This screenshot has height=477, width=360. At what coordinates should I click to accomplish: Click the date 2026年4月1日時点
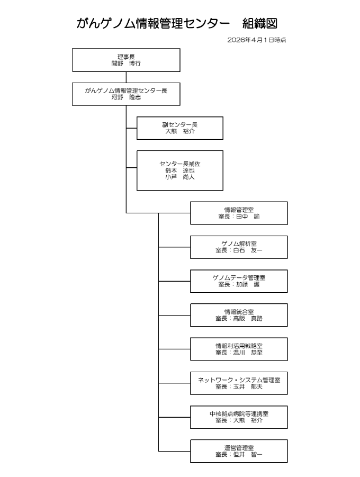click(256, 40)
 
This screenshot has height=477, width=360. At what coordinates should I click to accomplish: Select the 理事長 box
click(126, 60)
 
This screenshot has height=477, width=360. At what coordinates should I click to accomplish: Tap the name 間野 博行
click(126, 63)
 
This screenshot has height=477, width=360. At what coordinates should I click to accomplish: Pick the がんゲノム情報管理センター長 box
click(126, 94)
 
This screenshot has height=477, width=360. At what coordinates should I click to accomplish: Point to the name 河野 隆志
click(126, 97)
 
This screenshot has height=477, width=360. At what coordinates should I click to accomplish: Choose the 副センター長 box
click(179, 128)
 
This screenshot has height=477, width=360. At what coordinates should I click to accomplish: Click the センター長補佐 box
click(179, 170)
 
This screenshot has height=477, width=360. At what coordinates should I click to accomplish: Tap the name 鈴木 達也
click(179, 171)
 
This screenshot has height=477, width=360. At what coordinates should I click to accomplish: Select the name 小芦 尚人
click(179, 177)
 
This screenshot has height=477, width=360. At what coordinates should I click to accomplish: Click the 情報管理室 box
click(239, 213)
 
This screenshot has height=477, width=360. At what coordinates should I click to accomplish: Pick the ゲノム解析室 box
click(239, 247)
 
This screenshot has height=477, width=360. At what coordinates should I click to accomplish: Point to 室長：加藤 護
click(239, 284)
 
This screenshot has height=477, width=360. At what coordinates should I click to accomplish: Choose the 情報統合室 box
click(239, 315)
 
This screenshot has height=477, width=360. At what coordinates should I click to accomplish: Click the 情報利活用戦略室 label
click(239, 346)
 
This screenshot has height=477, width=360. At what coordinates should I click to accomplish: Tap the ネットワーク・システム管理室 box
click(239, 383)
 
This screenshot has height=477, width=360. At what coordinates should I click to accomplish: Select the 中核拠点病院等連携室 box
click(239, 417)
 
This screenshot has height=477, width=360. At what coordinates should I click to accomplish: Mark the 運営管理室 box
click(239, 451)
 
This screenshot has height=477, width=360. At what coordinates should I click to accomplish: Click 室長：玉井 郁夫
click(239, 386)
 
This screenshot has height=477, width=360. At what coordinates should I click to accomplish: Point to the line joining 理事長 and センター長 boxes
click(126, 77)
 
